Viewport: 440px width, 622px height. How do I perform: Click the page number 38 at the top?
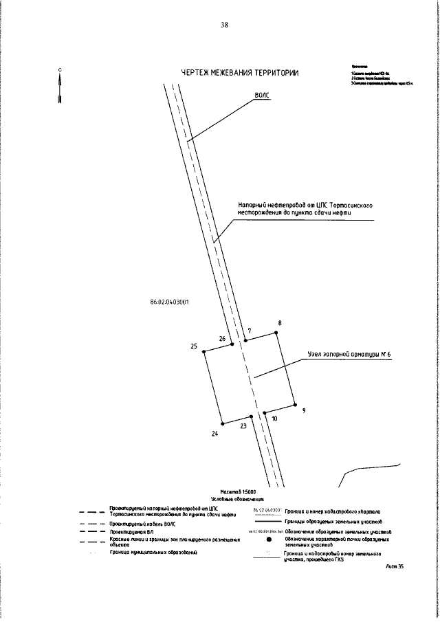[x=224, y=25]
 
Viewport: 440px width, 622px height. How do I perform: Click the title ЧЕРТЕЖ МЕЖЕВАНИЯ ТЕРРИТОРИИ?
[x=239, y=74]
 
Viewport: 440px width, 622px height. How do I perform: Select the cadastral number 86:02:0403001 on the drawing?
[x=169, y=301]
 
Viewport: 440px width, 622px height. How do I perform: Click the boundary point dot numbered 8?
[x=277, y=333]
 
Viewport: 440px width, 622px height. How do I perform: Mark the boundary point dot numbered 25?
[x=204, y=353]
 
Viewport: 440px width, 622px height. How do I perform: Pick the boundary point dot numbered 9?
[x=294, y=405]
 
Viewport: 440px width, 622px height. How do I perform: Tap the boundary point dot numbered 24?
[x=221, y=423]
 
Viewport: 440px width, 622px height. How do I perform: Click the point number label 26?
[x=222, y=339]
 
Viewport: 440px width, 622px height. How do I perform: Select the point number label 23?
[x=243, y=426]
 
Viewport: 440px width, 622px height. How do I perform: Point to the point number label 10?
[x=274, y=418]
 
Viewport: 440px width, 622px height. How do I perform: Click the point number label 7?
[x=249, y=331]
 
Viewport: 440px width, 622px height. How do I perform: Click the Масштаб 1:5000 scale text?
[x=238, y=492]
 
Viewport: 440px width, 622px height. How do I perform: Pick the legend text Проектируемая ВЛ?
[x=133, y=532]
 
